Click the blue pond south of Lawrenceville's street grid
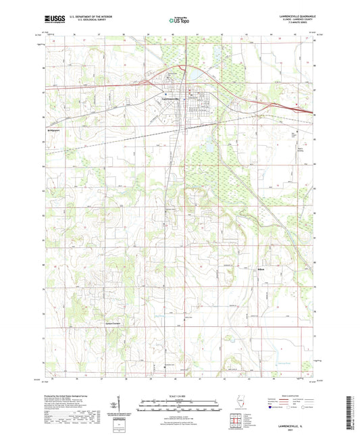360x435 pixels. coord(208,146)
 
